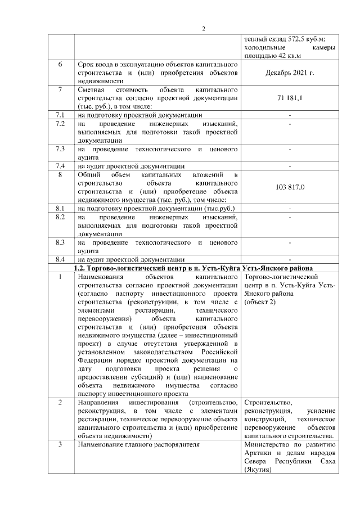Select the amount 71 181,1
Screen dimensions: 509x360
click(x=290, y=99)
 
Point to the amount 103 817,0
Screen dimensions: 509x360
click(x=290, y=187)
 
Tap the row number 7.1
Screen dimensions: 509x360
click(x=60, y=115)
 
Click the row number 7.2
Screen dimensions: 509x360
click(x=60, y=123)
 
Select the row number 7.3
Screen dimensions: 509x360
click(x=60, y=148)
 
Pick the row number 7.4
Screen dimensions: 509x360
click(x=60, y=165)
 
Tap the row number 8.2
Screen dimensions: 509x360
click(x=60, y=217)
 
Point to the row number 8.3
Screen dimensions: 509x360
click(x=60, y=242)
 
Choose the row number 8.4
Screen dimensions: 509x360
click(x=60, y=259)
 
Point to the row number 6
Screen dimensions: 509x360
click(x=60, y=65)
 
